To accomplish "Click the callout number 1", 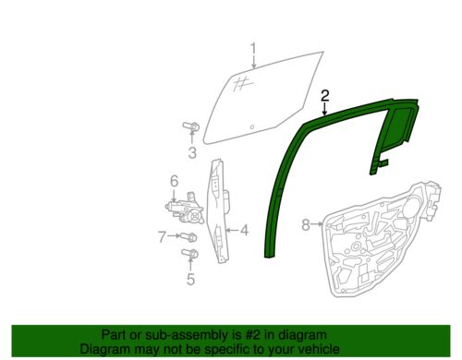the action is tap(253, 49).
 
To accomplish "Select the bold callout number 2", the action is tap(325, 96).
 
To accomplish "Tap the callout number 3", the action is tap(192, 152).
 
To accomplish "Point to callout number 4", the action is tap(244, 230).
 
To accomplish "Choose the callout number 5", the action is tap(190, 279).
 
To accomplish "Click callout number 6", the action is tap(175, 181).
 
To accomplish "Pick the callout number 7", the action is tap(163, 237).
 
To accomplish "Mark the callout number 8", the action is tap(306, 224).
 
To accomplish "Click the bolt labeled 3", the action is tap(191, 126).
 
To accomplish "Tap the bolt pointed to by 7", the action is tap(188, 237).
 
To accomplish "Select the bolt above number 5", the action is tap(190, 254).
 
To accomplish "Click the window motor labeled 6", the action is tap(185, 208).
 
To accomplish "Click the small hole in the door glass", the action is tap(252, 126).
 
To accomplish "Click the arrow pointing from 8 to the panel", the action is tap(317, 224).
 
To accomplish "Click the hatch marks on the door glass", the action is tap(242, 83).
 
